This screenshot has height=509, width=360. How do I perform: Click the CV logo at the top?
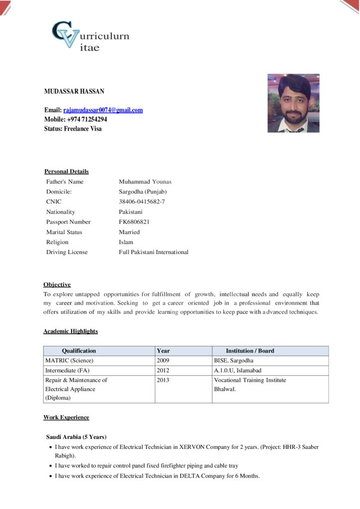point(90,36)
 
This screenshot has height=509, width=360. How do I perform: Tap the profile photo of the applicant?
point(293,103)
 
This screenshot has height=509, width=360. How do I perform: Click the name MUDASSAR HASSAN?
point(74,91)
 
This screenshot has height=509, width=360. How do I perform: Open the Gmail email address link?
point(103,110)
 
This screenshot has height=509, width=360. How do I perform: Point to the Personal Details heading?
point(66,171)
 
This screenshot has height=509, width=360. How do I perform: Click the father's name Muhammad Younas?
point(145,181)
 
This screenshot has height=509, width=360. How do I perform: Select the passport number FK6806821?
point(134,222)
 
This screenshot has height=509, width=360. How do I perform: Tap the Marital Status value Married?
point(129,232)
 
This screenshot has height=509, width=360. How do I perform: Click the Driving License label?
point(67,252)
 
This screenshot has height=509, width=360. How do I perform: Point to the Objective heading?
point(57,285)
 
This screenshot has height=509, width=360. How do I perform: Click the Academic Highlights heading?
point(70,331)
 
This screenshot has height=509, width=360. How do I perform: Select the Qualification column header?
point(79,351)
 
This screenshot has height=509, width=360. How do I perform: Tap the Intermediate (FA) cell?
point(67,370)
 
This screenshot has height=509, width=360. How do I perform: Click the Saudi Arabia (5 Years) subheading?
point(76,437)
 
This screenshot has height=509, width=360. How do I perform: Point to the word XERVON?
point(194,447)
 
